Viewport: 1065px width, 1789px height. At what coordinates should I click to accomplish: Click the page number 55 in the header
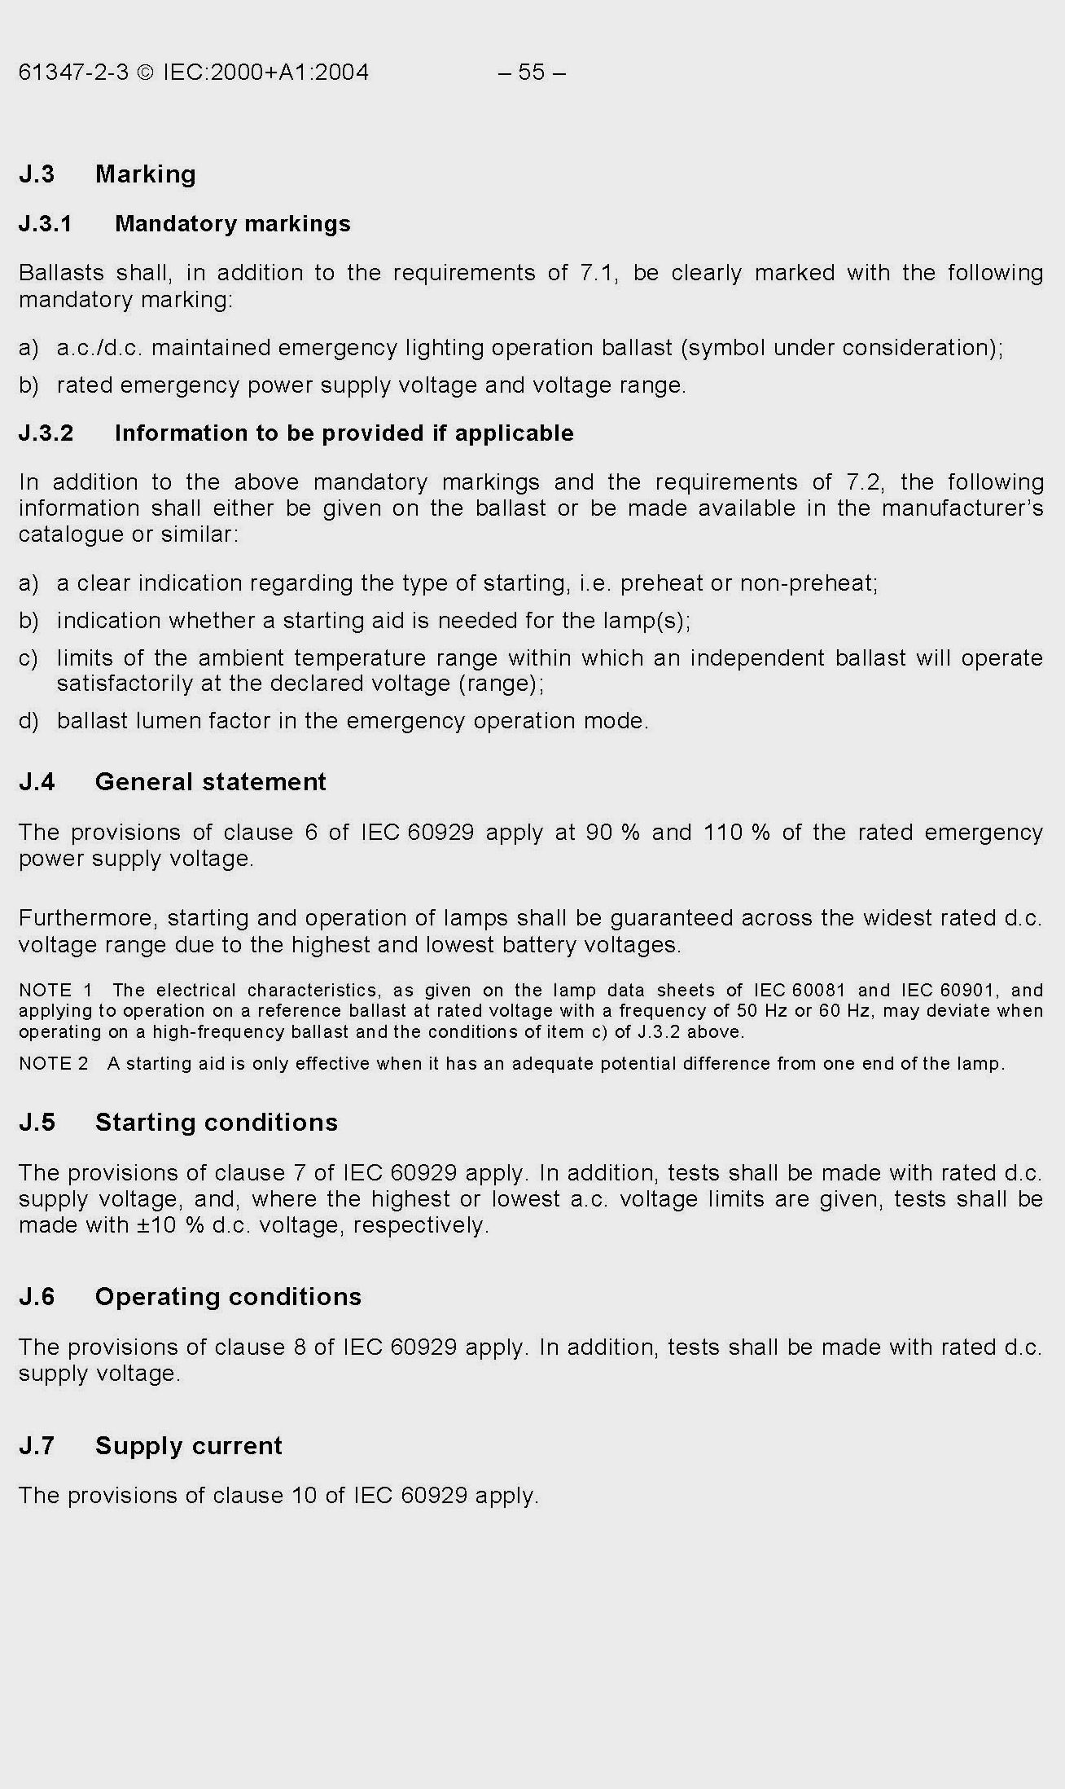(x=531, y=73)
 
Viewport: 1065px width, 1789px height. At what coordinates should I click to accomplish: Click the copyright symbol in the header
(x=145, y=73)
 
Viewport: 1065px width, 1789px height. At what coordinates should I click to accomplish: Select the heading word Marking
(x=146, y=174)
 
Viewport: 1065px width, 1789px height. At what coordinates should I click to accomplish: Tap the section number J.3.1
(x=46, y=224)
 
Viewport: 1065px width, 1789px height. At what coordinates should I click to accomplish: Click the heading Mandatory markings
(x=233, y=224)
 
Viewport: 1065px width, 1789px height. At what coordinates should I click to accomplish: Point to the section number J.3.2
(x=46, y=433)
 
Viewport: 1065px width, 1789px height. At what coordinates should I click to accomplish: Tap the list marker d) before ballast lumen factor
(x=28, y=722)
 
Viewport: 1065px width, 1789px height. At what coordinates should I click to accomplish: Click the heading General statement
(x=211, y=782)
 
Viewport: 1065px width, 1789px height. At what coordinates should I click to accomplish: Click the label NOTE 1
(x=55, y=991)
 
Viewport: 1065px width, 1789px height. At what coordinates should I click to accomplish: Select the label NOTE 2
(x=54, y=1064)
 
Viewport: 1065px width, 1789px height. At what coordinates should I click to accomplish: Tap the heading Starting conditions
(x=217, y=1123)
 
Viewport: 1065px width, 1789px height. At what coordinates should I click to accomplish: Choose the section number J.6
(x=37, y=1297)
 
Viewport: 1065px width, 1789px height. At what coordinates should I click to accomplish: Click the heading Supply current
(x=189, y=1446)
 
